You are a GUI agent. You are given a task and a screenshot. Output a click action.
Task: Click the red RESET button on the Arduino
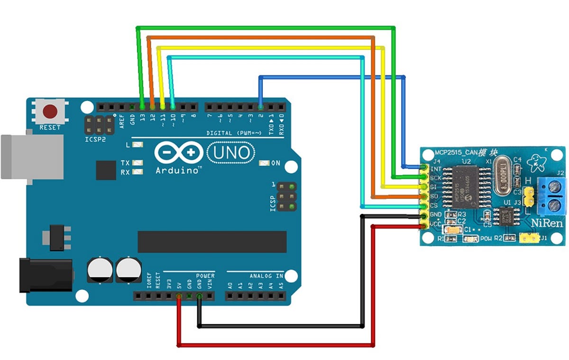50,112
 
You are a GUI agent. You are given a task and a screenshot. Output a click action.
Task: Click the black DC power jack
45,276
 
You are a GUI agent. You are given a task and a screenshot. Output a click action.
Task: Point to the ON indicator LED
265,163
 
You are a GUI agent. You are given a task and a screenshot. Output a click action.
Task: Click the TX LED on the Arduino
138,163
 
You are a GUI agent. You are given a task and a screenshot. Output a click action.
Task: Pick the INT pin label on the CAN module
436,168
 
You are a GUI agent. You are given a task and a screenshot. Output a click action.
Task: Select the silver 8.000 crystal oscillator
503,177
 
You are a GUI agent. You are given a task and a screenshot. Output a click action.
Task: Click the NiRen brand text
547,222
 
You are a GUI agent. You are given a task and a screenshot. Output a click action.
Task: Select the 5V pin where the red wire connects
179,296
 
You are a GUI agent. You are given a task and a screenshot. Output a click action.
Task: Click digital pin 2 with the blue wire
260,106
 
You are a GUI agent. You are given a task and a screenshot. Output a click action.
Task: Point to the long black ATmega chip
212,242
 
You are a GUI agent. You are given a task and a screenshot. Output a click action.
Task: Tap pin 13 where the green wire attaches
142,106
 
